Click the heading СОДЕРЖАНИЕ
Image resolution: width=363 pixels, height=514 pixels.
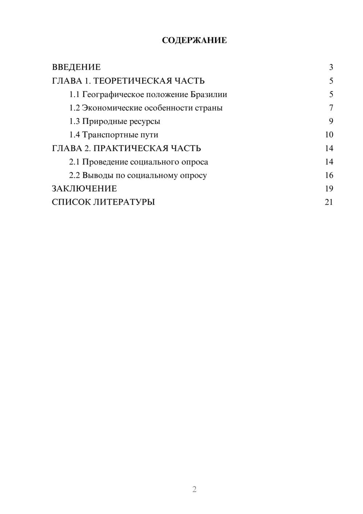[x=194, y=40]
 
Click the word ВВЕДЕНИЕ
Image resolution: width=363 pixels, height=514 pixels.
[x=76, y=67]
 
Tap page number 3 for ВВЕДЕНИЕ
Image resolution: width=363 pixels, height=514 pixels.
[x=331, y=67]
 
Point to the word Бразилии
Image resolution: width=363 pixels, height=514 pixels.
[x=209, y=95]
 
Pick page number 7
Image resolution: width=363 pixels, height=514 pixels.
[x=331, y=108]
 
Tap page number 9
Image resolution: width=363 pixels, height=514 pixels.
[x=331, y=121]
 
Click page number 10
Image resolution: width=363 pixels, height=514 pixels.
[x=329, y=135]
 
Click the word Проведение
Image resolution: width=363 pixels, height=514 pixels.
[x=105, y=162]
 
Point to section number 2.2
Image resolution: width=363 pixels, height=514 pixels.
[x=74, y=175]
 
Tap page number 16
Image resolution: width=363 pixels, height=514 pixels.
[x=329, y=175]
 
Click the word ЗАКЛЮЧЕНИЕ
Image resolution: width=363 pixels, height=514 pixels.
[x=84, y=189]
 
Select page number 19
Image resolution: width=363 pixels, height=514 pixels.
[x=329, y=189]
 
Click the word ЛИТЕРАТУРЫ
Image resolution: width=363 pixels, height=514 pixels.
[x=124, y=202]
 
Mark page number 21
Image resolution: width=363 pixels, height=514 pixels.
[x=329, y=202]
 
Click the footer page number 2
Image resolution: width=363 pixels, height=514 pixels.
[x=194, y=489]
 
